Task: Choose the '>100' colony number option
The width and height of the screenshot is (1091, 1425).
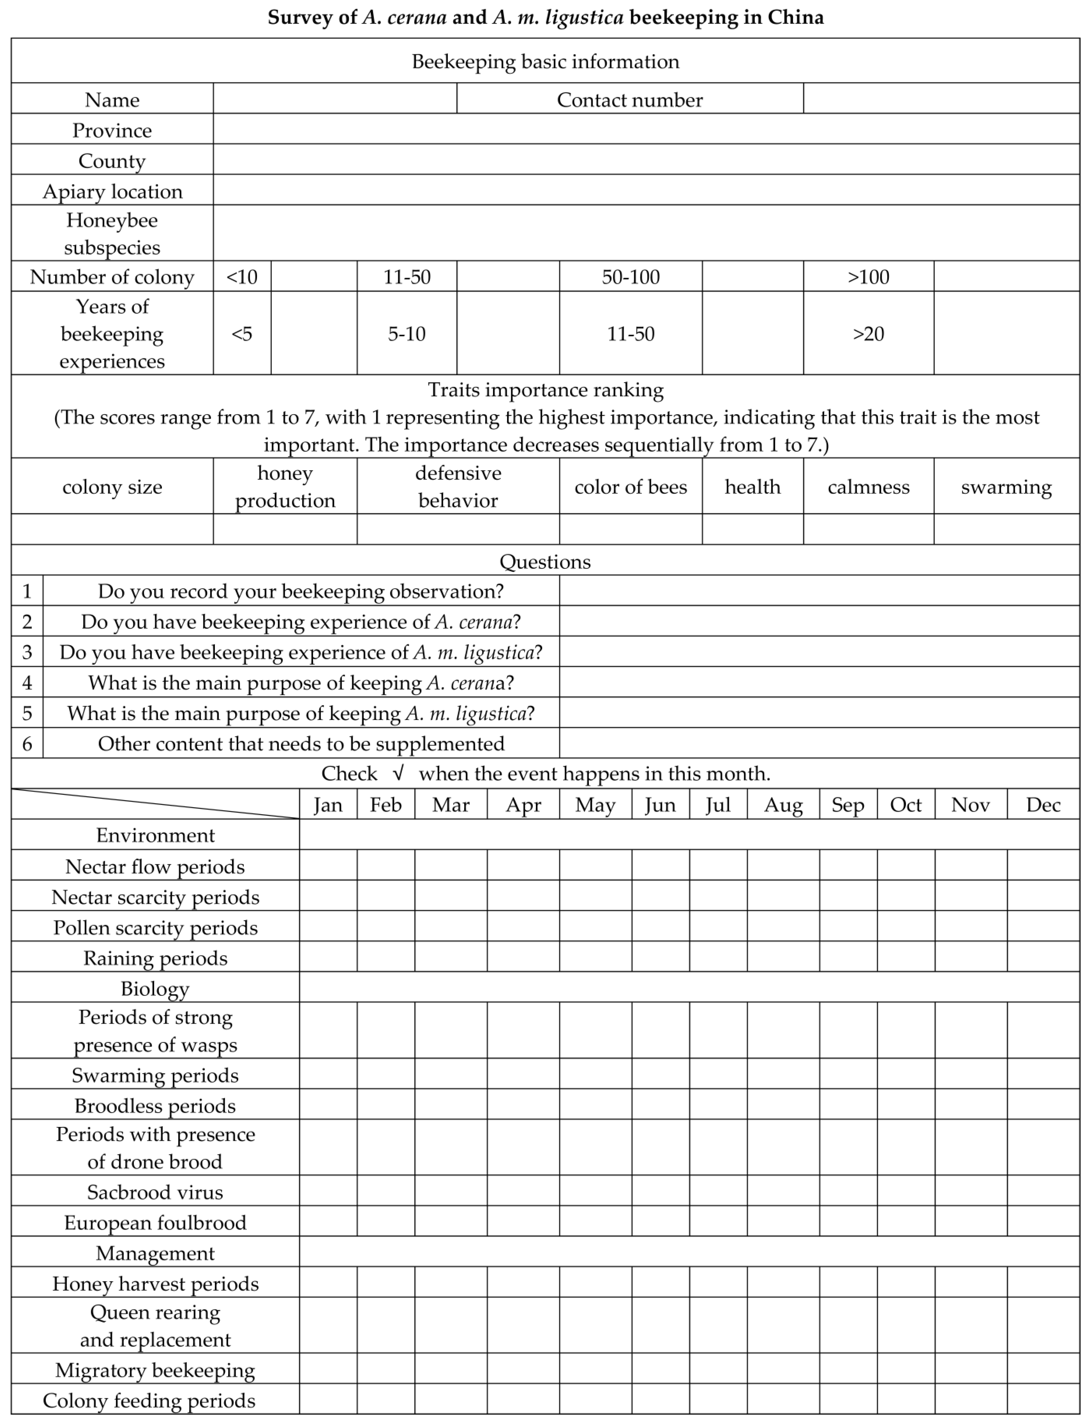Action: pyautogui.click(x=868, y=277)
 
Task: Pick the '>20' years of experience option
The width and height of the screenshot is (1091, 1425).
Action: pyautogui.click(x=868, y=333)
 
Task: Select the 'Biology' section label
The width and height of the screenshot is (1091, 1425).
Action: pyautogui.click(x=155, y=988)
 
